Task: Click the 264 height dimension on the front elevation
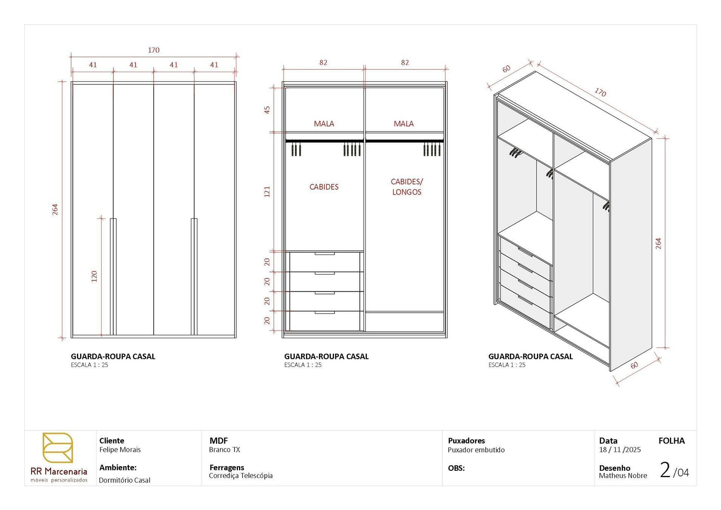[55, 209]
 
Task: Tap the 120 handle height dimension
[94, 276]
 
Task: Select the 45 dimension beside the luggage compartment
[267, 110]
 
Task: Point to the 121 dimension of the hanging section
[267, 192]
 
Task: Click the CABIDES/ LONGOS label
[406, 187]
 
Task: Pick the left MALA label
[324, 124]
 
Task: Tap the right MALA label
[403, 124]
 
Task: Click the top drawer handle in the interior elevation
[324, 254]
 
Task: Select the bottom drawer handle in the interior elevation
[324, 312]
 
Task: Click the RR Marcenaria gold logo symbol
[58, 448]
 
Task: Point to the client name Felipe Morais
[120, 450]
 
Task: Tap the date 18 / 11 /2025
[619, 450]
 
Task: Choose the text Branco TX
[224, 450]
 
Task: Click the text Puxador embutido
[476, 450]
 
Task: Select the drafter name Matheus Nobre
[622, 476]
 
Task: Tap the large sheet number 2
[665, 470]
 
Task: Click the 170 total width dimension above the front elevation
[153, 50]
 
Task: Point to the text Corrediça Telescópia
[241, 476]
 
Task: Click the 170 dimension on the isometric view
[600, 92]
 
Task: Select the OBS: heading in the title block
[456, 468]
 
